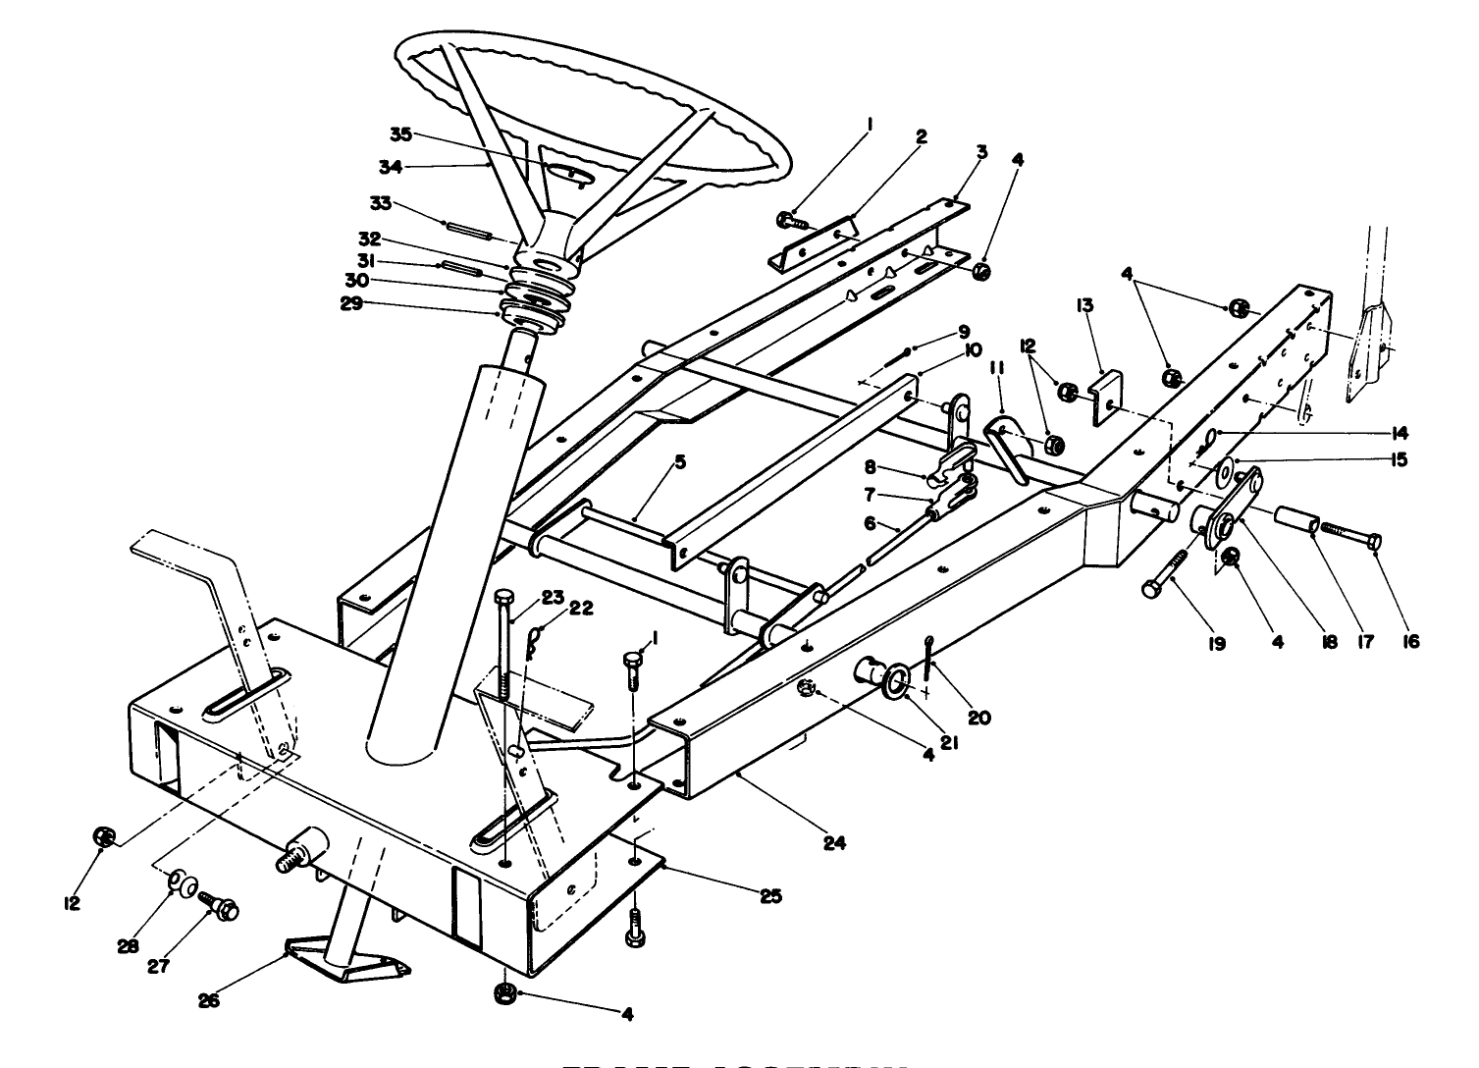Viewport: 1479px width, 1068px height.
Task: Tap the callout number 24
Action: [834, 841]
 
